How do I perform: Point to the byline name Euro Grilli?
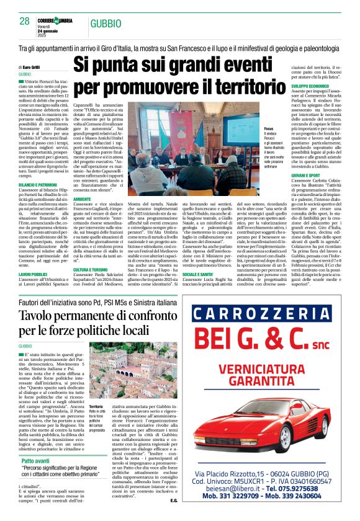tap(34, 66)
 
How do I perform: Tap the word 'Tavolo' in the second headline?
tap(38, 315)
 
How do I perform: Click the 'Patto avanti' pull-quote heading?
tap(37, 461)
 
